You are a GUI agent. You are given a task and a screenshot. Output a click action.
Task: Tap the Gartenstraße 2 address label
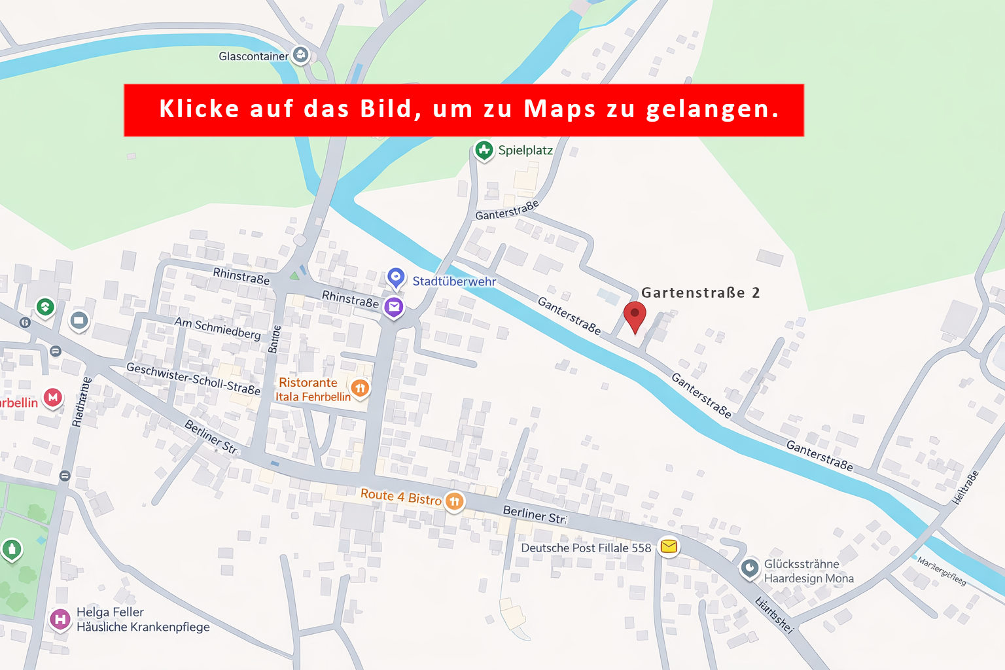(700, 292)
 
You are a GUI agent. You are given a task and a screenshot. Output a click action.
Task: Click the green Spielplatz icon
(484, 150)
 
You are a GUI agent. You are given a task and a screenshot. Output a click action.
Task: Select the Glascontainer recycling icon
(300, 56)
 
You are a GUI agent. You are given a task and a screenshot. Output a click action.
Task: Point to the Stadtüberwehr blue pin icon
(395, 278)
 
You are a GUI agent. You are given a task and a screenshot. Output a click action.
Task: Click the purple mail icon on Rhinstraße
(393, 306)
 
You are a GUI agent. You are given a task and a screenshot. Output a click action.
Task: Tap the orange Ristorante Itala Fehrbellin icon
(360, 389)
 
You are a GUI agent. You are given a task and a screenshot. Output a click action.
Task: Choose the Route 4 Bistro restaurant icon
(454, 501)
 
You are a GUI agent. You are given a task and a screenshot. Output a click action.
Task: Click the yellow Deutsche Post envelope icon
(668, 546)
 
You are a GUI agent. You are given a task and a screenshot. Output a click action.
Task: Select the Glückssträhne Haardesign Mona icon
(749, 568)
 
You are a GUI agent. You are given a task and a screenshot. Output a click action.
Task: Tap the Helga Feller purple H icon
(60, 618)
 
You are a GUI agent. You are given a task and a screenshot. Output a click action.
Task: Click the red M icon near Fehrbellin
(53, 397)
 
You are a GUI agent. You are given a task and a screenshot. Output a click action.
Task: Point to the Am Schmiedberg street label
(217, 328)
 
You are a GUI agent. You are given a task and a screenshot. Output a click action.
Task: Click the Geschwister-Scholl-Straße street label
(193, 379)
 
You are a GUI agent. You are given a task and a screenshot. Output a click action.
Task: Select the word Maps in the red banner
(559, 109)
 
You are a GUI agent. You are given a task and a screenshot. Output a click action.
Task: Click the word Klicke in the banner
(199, 109)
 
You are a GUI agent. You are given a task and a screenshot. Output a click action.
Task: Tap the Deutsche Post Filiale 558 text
(586, 548)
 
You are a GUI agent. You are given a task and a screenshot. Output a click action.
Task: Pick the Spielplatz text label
(525, 150)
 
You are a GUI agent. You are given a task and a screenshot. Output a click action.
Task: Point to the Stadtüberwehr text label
(454, 281)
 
